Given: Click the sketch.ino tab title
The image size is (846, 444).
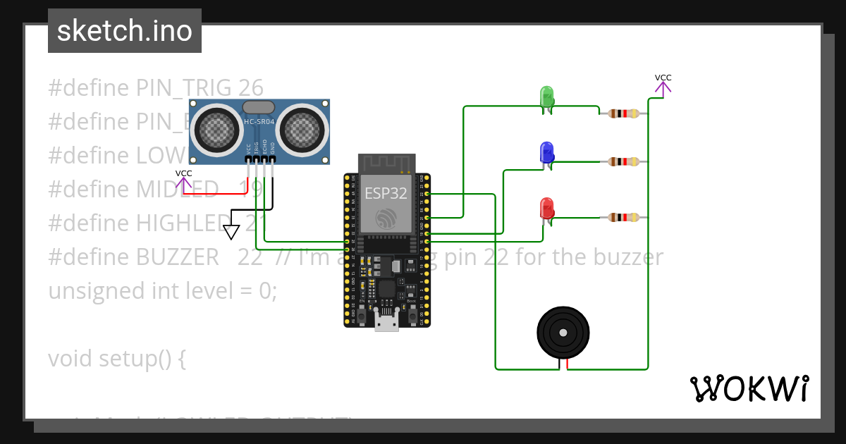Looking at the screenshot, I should pos(124,31).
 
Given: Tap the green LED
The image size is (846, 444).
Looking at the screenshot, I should pos(546,97).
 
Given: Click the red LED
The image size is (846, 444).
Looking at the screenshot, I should pos(546,208).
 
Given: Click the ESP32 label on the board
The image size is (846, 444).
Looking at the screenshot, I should pos(386,193).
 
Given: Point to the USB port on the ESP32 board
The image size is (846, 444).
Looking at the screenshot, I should pos(386,322).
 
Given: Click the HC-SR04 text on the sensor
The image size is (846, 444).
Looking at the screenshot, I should pos(259,122).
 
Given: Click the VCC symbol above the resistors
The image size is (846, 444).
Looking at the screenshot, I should pos(663,85).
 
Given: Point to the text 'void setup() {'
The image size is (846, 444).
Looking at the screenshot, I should pos(117,359).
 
